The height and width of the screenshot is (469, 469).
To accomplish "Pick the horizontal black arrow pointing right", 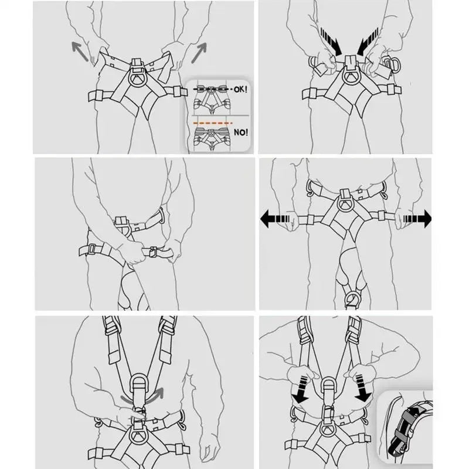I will [x=417, y=219].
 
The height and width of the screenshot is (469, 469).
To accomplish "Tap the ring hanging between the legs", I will [x=352, y=300].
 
